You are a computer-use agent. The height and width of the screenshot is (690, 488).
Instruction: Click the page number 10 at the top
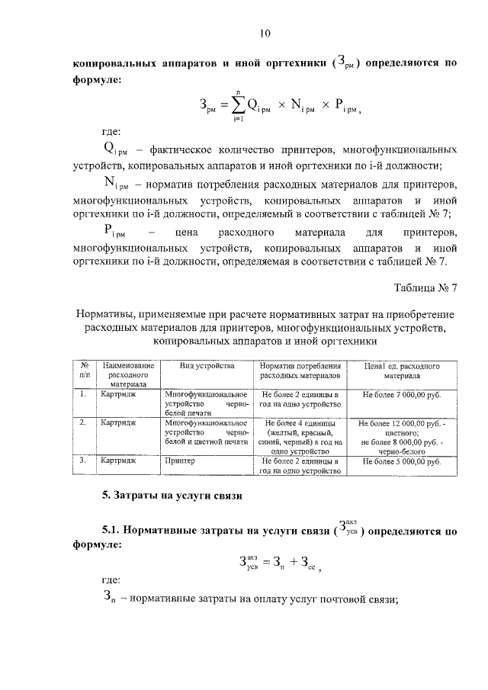tap(265, 33)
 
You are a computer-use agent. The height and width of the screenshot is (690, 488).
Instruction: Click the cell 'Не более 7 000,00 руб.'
tap(402, 396)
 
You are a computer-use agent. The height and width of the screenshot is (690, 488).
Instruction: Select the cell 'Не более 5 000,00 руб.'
tap(402, 461)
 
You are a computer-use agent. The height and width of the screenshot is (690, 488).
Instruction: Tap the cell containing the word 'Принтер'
tap(180, 461)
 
